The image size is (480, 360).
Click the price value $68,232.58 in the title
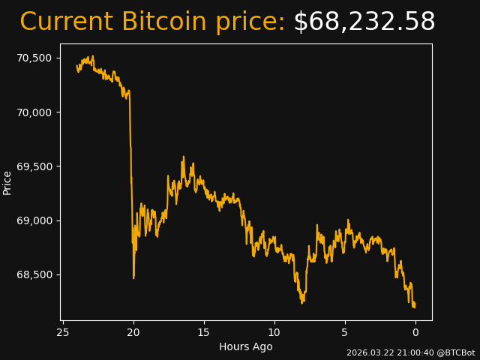(364, 22)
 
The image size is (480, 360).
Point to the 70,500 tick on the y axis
(34, 58)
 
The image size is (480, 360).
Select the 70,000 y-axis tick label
(34, 112)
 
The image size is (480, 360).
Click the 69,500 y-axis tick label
(34, 166)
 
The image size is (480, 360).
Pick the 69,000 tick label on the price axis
(34, 220)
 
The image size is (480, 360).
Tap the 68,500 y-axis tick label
(34, 274)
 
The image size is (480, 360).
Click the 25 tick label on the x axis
(63, 332)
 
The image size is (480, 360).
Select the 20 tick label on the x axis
(133, 332)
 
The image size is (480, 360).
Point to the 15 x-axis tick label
(204, 332)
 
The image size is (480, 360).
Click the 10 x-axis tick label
(274, 332)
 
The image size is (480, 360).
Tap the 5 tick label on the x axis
(345, 332)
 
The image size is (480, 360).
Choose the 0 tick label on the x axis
(415, 332)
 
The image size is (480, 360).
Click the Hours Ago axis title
(245, 346)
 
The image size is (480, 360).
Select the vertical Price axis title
(7, 182)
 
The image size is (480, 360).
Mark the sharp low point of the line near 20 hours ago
(133, 278)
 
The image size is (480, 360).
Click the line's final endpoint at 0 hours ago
(415, 305)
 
